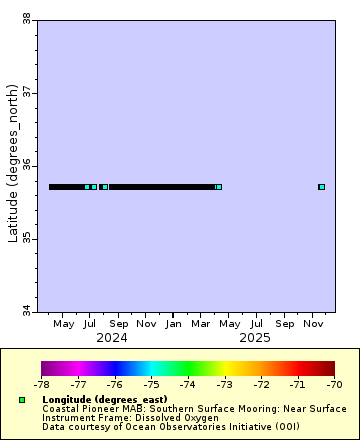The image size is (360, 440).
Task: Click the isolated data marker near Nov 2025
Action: click(x=321, y=187)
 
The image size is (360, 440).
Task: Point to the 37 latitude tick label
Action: click(x=25, y=92)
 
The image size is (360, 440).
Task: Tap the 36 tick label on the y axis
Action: click(x=25, y=165)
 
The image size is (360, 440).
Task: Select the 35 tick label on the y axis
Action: click(x=25, y=238)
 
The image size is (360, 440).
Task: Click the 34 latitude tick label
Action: click(x=25, y=311)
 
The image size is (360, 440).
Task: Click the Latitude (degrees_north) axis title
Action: click(x=12, y=165)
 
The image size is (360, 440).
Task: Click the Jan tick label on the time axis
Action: click(x=173, y=324)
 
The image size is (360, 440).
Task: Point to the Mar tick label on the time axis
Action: click(x=201, y=324)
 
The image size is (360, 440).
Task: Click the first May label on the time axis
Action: click(x=64, y=324)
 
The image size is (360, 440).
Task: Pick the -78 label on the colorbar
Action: click(x=41, y=384)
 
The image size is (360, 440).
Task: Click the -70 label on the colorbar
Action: click(x=334, y=384)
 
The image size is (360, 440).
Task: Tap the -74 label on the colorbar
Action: click(x=188, y=384)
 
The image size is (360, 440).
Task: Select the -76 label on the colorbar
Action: click(x=115, y=384)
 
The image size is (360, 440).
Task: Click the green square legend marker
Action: click(x=22, y=400)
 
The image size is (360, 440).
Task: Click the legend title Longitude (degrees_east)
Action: click(x=110, y=400)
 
